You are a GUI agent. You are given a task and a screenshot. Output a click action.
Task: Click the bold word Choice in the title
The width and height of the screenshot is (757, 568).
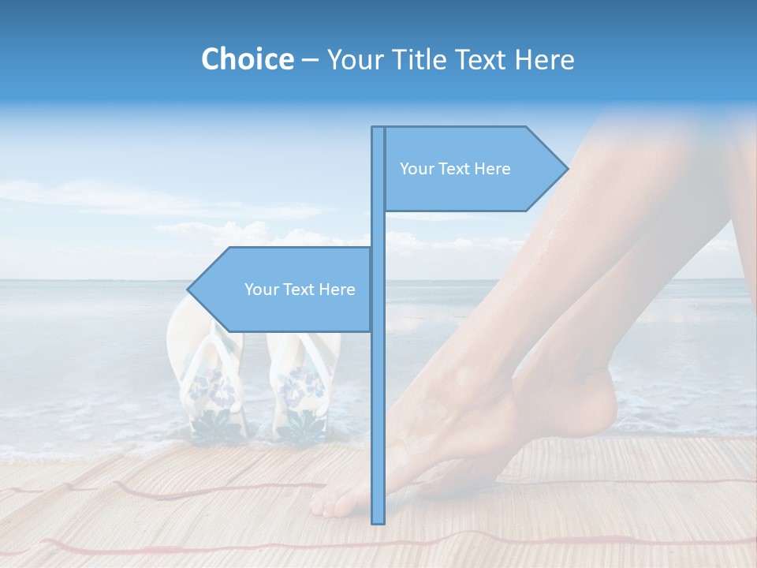point(247,59)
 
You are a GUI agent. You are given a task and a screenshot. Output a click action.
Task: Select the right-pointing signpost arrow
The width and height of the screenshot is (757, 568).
point(473,169)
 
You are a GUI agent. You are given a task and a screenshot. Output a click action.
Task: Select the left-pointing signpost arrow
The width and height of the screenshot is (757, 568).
point(284,290)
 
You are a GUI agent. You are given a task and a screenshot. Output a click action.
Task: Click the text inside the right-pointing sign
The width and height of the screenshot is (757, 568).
point(455,169)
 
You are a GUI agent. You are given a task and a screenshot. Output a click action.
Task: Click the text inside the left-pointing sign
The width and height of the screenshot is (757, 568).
point(300,290)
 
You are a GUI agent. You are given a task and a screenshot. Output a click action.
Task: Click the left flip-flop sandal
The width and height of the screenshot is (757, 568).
point(211,387)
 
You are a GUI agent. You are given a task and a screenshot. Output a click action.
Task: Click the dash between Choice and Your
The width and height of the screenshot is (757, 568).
point(310,60)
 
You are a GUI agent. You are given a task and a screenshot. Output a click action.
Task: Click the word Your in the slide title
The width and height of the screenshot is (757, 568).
point(353,59)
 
